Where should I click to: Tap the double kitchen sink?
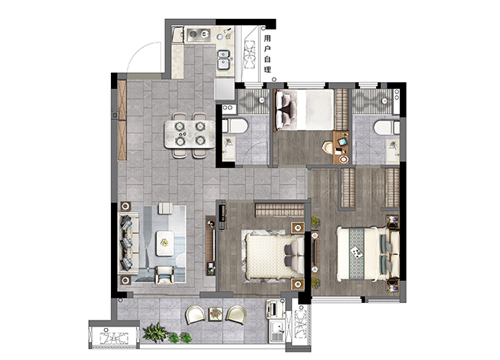(x=224, y=60)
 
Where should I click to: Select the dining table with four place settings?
(x=189, y=134)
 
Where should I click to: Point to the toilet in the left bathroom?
(x=235, y=125)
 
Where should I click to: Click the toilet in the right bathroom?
(x=387, y=128)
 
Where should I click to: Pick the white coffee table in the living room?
(x=165, y=243)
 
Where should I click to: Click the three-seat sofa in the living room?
(x=128, y=244)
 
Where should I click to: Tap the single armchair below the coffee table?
(x=165, y=275)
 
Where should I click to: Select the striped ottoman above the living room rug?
(x=166, y=208)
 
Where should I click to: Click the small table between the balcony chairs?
(x=216, y=314)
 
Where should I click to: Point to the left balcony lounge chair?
(x=195, y=314)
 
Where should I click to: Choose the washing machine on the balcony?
(x=276, y=308)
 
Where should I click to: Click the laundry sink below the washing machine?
(x=277, y=331)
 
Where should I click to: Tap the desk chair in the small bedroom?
(x=328, y=148)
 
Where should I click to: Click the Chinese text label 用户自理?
(x=267, y=54)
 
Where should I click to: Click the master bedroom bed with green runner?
(x=368, y=254)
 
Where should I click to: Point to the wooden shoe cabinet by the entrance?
(x=122, y=120)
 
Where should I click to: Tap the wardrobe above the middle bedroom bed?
(x=280, y=210)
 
